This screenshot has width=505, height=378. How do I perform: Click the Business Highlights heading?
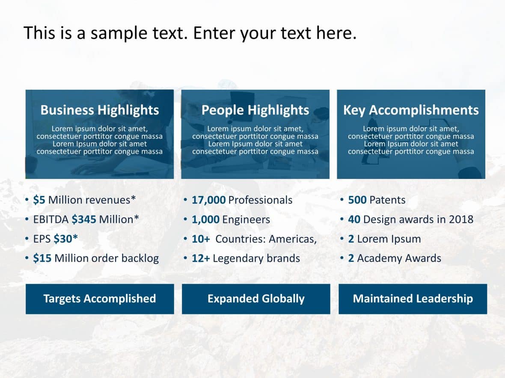(x=100, y=110)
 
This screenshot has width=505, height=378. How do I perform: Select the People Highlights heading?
(x=255, y=110)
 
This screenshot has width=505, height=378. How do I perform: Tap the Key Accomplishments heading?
(x=411, y=110)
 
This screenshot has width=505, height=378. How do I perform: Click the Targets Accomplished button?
(x=100, y=299)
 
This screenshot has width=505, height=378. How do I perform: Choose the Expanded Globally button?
(x=256, y=299)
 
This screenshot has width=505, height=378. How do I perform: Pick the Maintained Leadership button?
(x=413, y=299)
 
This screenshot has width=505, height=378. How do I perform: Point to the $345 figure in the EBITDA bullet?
(x=84, y=220)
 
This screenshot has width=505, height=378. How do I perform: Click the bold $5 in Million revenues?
(x=39, y=200)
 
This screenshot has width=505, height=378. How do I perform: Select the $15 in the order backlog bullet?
(x=42, y=258)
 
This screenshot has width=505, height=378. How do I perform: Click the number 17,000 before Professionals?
(x=209, y=200)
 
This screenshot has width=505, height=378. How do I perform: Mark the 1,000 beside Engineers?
(x=205, y=220)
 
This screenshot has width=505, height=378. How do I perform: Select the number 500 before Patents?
(x=357, y=200)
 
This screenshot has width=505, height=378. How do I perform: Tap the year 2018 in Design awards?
(x=461, y=220)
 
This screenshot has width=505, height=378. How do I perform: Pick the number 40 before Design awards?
(x=354, y=220)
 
